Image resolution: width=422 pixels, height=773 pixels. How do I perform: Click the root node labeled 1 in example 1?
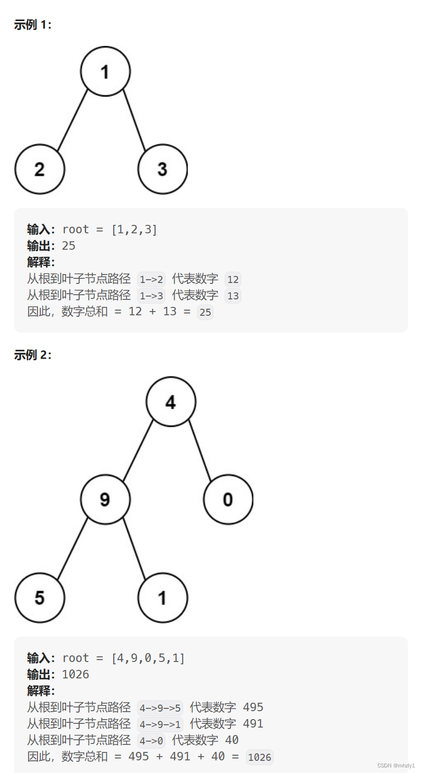(105, 71)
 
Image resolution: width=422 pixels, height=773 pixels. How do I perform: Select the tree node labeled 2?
(40, 169)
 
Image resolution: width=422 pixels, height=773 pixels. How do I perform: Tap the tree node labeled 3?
(163, 169)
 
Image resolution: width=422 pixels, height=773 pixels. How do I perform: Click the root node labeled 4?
(171, 401)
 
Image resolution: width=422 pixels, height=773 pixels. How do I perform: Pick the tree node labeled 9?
(105, 499)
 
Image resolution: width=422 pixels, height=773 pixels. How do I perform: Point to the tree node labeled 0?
(228, 499)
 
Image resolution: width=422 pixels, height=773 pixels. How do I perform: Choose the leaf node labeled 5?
(40, 598)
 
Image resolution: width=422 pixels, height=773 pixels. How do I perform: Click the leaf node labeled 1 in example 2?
(163, 598)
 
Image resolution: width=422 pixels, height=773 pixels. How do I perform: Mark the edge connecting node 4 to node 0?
(200, 450)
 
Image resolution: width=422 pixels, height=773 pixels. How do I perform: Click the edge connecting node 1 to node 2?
(73, 120)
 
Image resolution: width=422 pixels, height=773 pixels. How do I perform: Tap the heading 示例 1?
(32, 25)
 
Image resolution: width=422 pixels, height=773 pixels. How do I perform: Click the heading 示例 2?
(32, 355)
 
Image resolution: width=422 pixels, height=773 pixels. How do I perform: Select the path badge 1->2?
(151, 280)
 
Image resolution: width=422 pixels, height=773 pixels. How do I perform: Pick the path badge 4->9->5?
(160, 708)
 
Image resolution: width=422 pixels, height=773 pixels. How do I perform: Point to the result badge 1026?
(259, 757)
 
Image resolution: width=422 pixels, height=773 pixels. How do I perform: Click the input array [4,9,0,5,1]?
(148, 658)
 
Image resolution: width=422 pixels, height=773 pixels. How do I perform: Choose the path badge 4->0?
(151, 741)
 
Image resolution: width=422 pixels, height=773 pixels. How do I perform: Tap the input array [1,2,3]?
(134, 230)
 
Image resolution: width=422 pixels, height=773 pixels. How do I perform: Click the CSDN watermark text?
(396, 766)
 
